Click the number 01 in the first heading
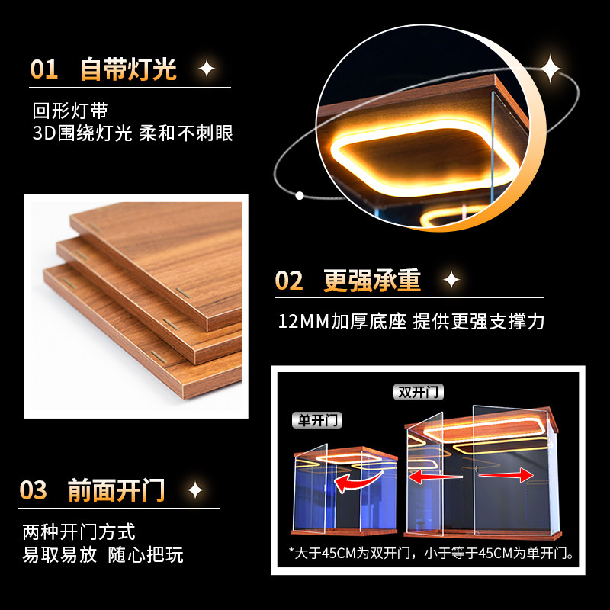coord(44,69)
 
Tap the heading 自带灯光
coord(128,69)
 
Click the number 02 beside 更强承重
coord(289,281)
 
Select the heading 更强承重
coord(372,281)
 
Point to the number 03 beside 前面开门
coord(34,490)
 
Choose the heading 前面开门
coord(117,490)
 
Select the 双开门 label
coord(420,393)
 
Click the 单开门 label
coord(318,420)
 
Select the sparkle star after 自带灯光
coord(207,69)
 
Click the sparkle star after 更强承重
coord(451,281)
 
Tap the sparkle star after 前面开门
coord(195,490)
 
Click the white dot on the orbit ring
coord(300,195)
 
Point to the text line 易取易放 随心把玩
coord(103,554)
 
